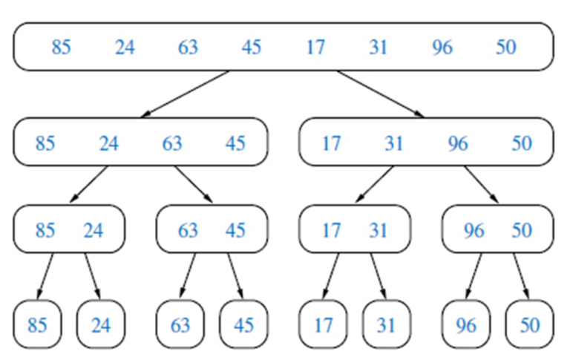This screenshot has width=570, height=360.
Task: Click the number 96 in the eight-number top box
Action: pyautogui.click(x=442, y=48)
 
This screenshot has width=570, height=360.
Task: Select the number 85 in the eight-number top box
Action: pyautogui.click(x=61, y=48)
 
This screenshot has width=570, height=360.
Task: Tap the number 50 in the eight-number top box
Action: pyautogui.click(x=505, y=48)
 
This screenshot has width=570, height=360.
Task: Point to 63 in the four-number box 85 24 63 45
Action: pyautogui.click(x=172, y=143)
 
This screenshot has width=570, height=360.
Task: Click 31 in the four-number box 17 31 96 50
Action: pyautogui.click(x=394, y=143)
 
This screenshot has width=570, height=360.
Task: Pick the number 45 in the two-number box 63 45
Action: pyautogui.click(x=235, y=231)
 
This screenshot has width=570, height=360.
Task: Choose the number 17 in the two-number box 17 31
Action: pyautogui.click(x=331, y=231)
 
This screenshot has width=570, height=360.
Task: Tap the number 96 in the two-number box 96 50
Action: pyautogui.click(x=474, y=231)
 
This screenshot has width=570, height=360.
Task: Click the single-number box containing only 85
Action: pyautogui.click(x=37, y=324)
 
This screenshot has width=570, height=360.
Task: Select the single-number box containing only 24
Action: pyautogui.click(x=101, y=324)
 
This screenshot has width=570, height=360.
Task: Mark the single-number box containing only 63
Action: pyautogui.click(x=180, y=324)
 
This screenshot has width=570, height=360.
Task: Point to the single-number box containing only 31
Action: pyautogui.click(x=386, y=324)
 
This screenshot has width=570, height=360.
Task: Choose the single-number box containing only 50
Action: pyautogui.click(x=529, y=324)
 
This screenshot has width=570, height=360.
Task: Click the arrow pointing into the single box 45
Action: pyautogui.click(x=237, y=275)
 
